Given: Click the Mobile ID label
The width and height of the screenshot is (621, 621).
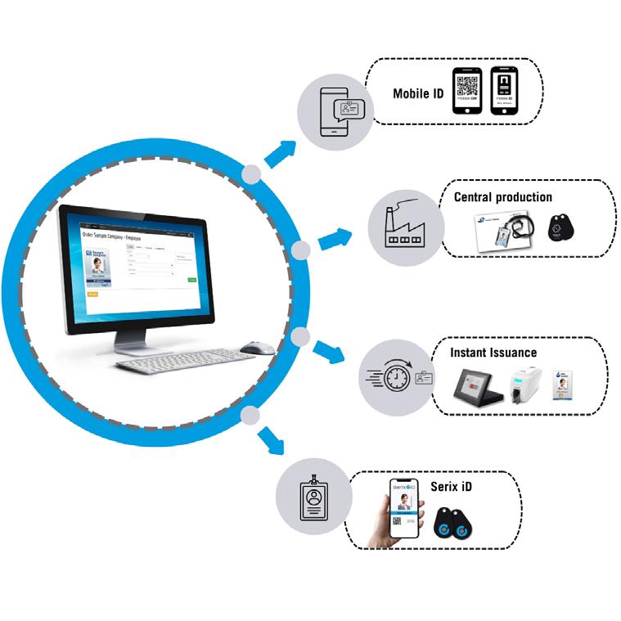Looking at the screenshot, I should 417,93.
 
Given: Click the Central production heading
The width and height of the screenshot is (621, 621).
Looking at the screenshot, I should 502,196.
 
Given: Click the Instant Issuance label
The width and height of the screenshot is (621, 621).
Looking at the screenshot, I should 493,352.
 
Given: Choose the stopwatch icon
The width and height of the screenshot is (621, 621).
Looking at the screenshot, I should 389,378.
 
